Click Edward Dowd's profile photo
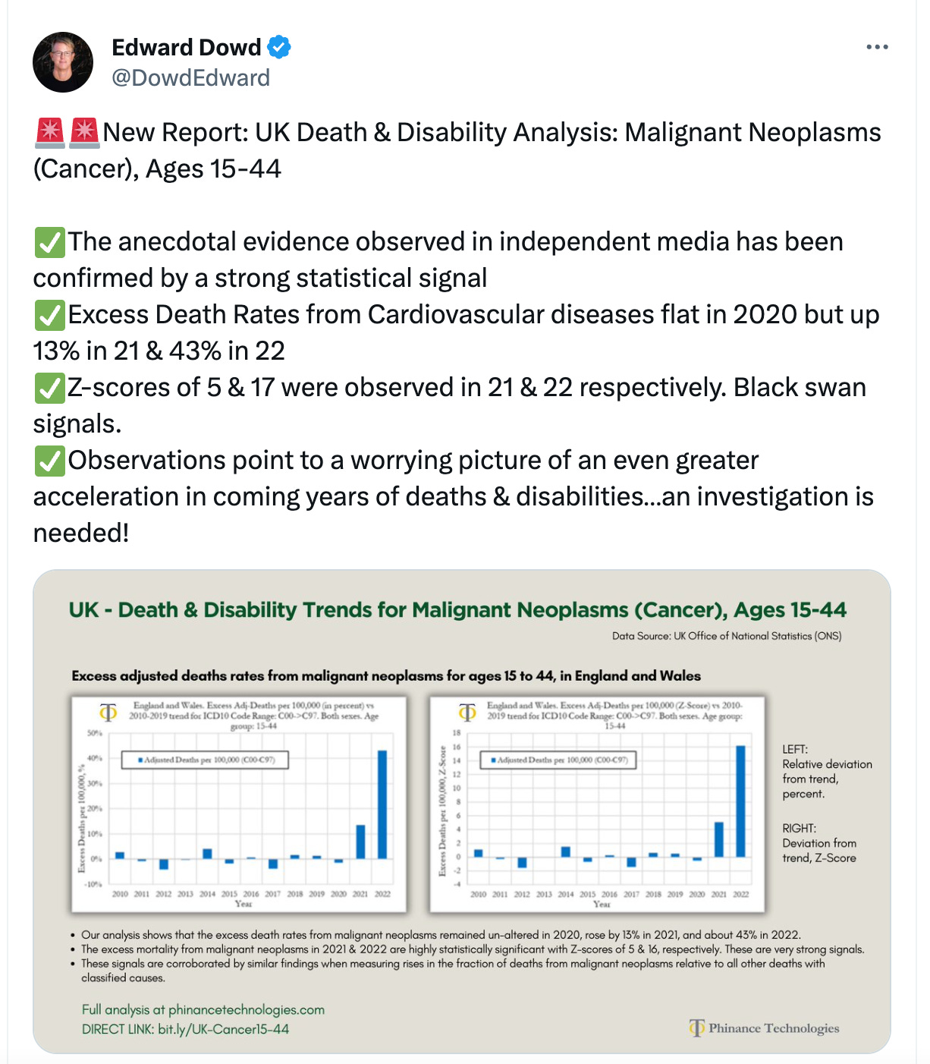63,62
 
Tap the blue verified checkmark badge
279,47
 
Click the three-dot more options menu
877,47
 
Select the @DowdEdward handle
190,78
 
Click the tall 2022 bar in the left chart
382,804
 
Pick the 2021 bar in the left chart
360,842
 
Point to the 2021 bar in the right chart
719,839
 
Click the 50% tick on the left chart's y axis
95,733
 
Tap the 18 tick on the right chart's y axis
457,733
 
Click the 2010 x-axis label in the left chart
120,894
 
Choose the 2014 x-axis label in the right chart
566,894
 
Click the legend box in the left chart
205,760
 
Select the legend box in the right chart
558,760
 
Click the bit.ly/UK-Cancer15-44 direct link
223,1029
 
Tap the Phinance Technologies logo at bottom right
765,1028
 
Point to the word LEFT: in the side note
795,749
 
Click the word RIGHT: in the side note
800,828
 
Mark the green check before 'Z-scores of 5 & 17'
49,388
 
